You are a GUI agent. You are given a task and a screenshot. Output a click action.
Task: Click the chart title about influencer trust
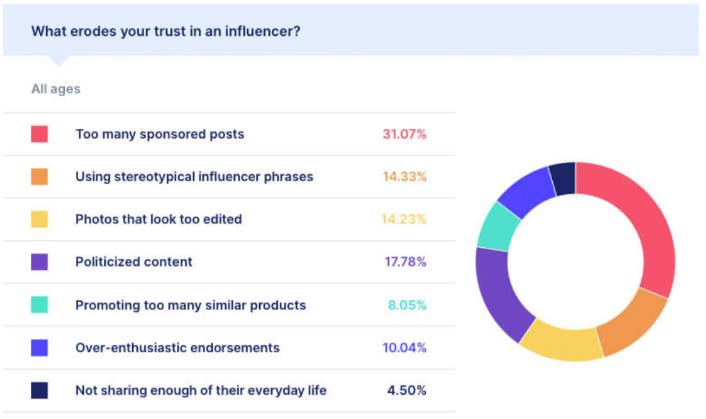tap(165, 31)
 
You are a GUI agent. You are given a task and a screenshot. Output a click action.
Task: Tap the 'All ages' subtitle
tap(56, 89)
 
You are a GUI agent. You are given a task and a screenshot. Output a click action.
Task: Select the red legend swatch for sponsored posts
tap(39, 134)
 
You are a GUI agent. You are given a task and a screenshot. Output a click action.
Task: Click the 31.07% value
tap(405, 134)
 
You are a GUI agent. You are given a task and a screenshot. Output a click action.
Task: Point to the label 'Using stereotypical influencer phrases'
tap(194, 176)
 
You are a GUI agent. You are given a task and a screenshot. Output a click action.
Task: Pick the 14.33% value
tap(405, 176)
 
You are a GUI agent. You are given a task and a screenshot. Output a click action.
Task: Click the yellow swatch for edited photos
tap(39, 219)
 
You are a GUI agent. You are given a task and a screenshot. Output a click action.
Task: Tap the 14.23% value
tap(403, 219)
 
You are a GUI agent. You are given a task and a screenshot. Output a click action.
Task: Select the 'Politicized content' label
tap(134, 261)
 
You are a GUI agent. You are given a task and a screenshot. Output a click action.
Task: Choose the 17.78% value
tap(405, 261)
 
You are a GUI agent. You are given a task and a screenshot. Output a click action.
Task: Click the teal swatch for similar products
tap(39, 305)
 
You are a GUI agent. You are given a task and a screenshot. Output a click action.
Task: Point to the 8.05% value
tap(407, 305)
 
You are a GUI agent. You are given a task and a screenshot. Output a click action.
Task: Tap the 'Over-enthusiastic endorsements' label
tap(178, 347)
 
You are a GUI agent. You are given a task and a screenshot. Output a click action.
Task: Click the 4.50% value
tap(407, 390)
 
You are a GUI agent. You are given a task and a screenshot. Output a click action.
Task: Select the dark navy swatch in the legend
tap(39, 390)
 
